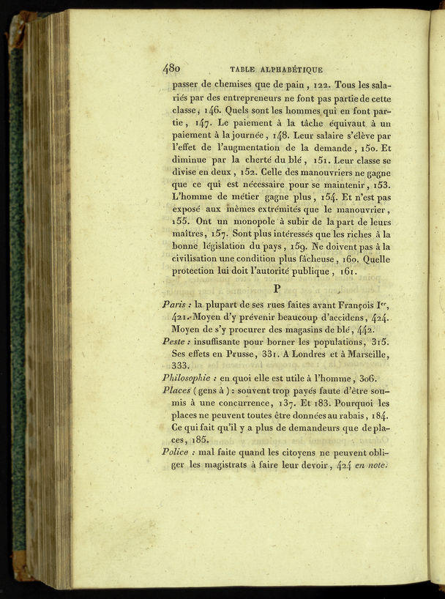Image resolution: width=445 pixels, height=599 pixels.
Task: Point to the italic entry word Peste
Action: point(176,341)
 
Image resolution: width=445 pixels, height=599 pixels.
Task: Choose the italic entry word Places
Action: point(176,390)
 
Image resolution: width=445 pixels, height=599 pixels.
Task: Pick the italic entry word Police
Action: point(176,452)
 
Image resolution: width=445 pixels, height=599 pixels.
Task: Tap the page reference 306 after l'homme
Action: point(366,378)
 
